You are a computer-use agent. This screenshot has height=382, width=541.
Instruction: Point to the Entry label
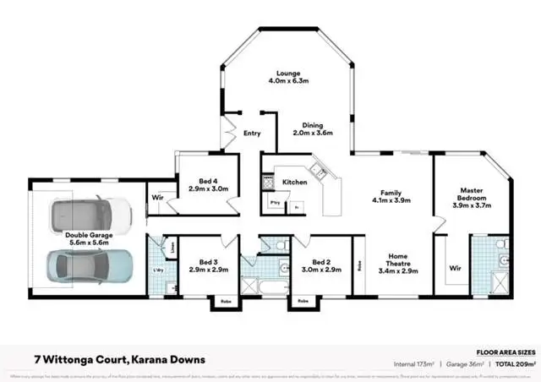(252, 134)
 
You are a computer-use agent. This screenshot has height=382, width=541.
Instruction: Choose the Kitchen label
(294, 182)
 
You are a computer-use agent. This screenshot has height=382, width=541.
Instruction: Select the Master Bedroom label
(471, 196)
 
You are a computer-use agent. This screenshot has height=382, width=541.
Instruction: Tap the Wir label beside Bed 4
(157, 198)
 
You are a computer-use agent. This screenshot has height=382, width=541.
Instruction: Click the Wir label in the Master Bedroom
(455, 268)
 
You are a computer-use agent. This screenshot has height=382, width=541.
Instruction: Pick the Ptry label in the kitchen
(275, 203)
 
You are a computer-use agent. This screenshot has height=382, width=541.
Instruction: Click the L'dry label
(157, 270)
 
